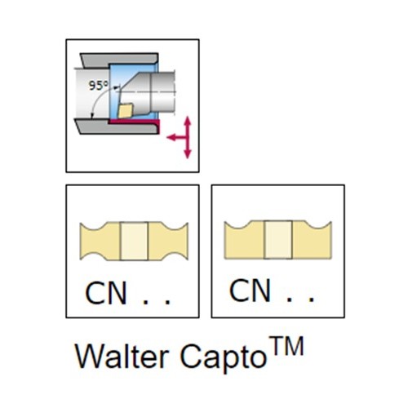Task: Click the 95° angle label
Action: (x=98, y=86)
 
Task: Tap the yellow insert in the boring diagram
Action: (x=126, y=110)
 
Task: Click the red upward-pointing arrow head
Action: (x=188, y=121)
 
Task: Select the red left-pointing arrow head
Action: (x=171, y=137)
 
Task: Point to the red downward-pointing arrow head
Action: (x=188, y=154)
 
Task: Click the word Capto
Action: (x=223, y=357)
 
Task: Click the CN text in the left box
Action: (x=106, y=293)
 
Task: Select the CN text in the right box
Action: (x=251, y=290)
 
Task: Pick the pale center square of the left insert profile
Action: (x=134, y=242)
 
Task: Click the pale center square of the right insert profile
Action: (x=278, y=240)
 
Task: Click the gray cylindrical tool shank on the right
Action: (x=162, y=91)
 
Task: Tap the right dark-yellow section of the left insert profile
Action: (x=168, y=242)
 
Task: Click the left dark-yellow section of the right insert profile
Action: (x=244, y=240)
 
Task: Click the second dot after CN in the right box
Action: (x=312, y=300)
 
